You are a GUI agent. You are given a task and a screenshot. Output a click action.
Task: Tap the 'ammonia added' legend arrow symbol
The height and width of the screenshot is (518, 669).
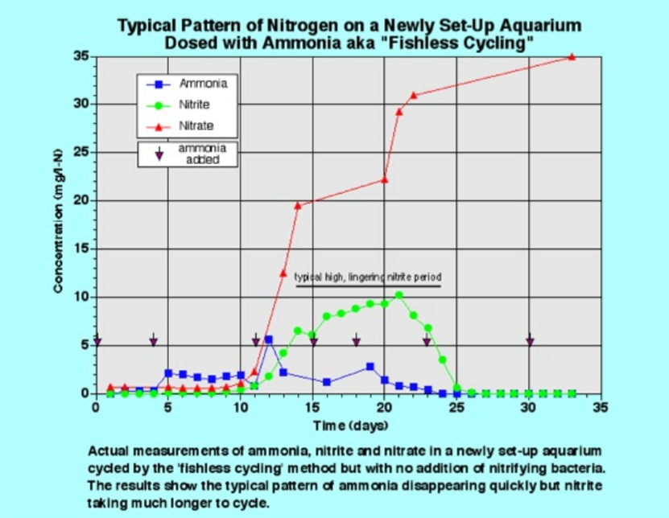[x=159, y=155]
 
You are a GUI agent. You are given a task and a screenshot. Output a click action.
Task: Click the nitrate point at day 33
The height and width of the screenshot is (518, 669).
[x=572, y=57]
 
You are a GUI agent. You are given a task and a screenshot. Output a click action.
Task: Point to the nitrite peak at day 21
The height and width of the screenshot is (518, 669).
[x=399, y=295]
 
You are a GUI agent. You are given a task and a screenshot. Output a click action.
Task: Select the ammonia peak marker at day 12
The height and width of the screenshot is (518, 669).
[x=268, y=339]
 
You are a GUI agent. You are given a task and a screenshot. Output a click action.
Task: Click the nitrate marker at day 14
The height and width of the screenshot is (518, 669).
[x=298, y=205]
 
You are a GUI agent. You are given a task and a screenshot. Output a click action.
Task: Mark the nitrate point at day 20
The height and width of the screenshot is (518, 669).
[x=384, y=179]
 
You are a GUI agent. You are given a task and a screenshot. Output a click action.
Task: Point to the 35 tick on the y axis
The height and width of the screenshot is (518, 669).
[x=84, y=56]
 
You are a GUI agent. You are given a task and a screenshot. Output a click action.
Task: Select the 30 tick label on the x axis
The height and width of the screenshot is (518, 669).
[x=528, y=407]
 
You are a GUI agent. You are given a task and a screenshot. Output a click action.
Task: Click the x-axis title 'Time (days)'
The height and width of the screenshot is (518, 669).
[x=348, y=424]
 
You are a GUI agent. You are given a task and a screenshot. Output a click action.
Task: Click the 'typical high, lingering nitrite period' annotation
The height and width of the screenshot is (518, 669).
[x=368, y=277]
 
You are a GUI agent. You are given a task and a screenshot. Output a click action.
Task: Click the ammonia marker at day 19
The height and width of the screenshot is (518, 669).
[x=370, y=367]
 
